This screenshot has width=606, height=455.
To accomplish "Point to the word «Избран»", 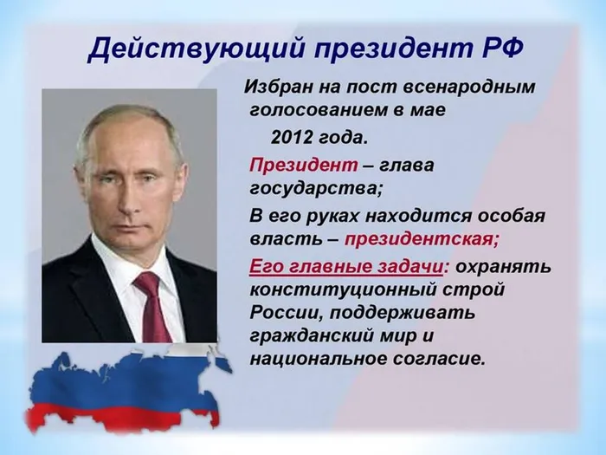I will click(275, 87).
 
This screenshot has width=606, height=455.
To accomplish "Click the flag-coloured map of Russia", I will click(121, 386).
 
